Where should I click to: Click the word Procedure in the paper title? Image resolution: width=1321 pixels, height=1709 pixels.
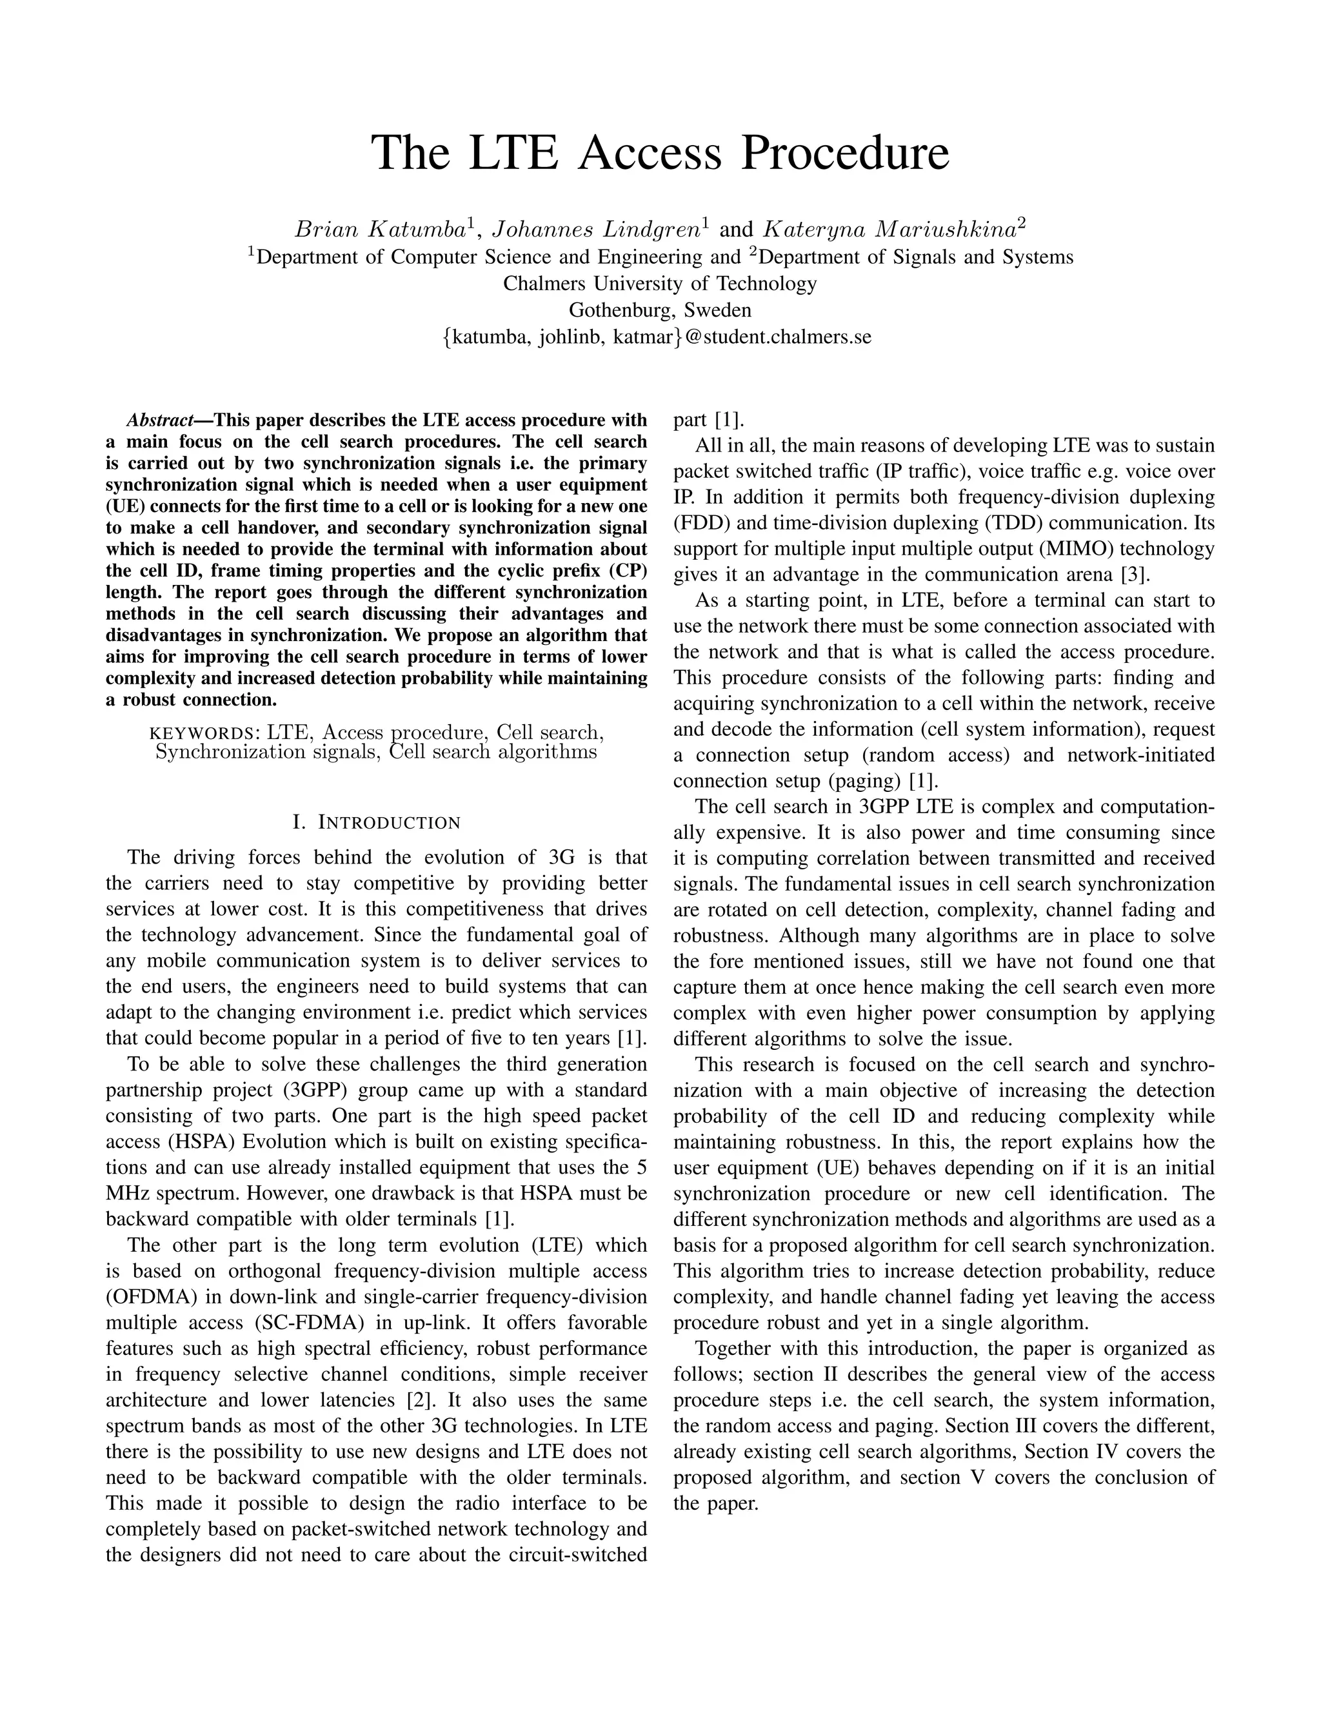tap(844, 153)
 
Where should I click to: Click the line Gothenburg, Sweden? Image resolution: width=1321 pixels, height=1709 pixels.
tap(660, 310)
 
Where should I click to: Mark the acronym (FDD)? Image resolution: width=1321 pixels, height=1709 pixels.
tap(699, 523)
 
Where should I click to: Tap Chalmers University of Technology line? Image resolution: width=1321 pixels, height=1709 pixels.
tap(660, 283)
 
